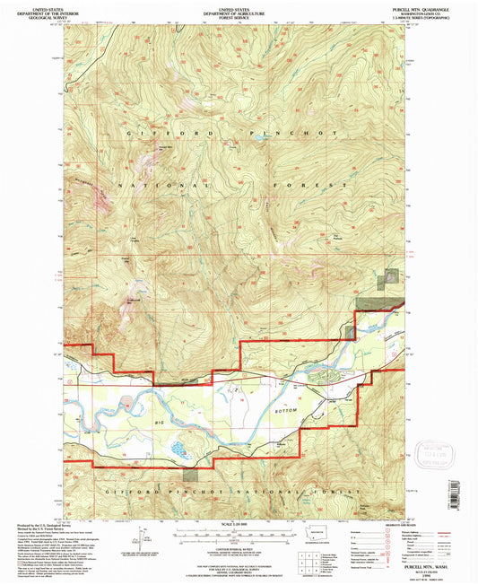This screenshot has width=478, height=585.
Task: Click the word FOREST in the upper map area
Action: pos(322,186)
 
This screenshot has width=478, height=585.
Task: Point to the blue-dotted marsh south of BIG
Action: pos(178,445)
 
